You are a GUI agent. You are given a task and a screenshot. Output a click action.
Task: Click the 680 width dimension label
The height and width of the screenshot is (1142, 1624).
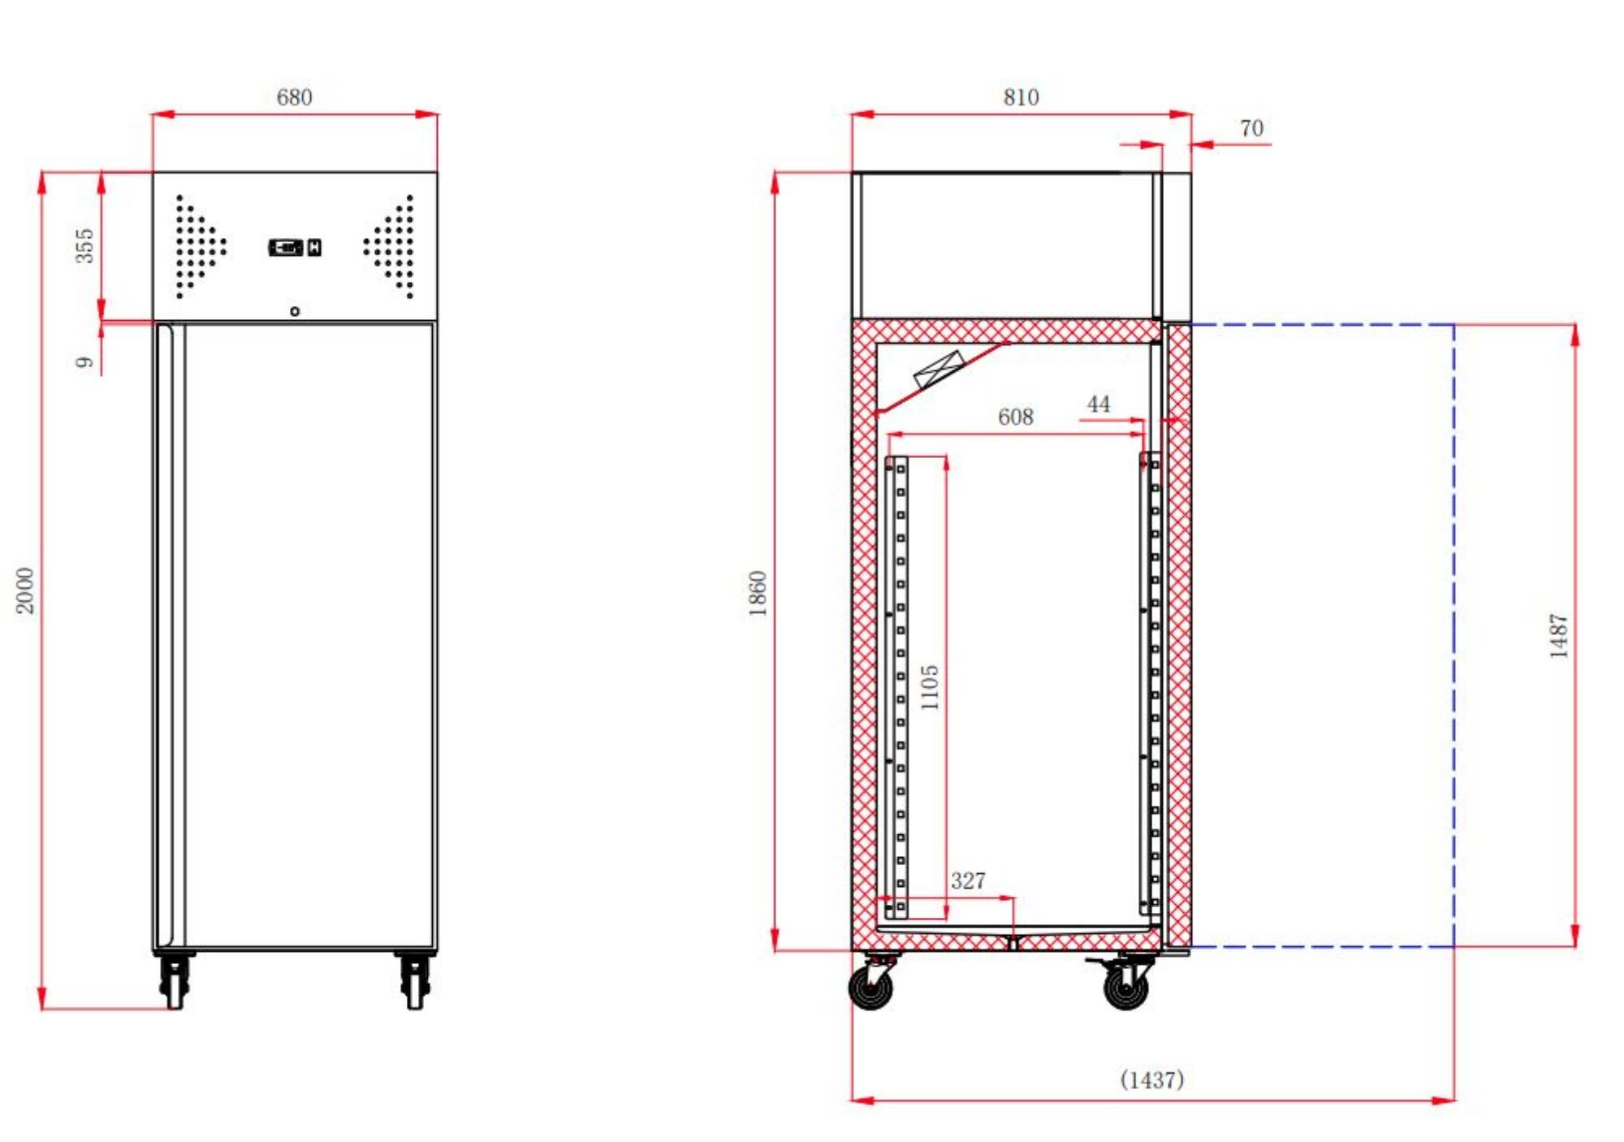[x=294, y=97]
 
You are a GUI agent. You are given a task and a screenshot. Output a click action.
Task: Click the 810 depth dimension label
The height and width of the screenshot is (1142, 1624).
[x=1021, y=97]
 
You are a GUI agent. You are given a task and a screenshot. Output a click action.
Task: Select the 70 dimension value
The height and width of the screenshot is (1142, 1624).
[x=1251, y=128]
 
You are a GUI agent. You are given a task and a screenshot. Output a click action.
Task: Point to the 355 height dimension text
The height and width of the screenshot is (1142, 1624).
[x=84, y=245]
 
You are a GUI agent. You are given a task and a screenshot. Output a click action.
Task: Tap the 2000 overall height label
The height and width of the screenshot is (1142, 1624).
[x=26, y=590]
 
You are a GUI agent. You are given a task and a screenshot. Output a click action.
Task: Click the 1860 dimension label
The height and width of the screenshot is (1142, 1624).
[x=757, y=594]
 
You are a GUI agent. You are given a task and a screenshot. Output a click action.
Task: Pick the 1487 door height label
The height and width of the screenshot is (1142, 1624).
[x=1558, y=636]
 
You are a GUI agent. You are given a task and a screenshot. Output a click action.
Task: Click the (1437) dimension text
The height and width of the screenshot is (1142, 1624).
[x=1151, y=1079]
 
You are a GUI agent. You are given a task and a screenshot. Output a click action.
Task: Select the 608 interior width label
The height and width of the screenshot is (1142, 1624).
[x=1015, y=417]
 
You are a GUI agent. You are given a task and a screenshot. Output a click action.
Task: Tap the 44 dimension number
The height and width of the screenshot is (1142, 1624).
[x=1098, y=404]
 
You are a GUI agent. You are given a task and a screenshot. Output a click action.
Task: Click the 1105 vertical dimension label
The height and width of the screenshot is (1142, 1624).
[x=930, y=687]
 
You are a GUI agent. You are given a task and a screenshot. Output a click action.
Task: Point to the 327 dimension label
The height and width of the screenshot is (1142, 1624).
[x=968, y=880]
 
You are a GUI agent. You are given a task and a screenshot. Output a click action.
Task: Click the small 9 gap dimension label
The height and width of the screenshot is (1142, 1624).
[x=84, y=362]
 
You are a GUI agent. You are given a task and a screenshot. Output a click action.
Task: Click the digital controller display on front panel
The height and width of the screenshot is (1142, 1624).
[x=294, y=247]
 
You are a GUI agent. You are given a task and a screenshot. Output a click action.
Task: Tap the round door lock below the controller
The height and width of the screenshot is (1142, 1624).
[x=295, y=311]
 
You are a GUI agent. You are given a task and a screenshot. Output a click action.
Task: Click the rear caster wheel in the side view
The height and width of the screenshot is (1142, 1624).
[x=871, y=987]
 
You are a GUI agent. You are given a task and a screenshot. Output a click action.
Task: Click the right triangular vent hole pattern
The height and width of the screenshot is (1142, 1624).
[x=392, y=246]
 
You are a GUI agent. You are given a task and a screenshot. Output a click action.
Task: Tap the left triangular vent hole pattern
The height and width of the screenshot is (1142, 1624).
[x=197, y=246]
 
